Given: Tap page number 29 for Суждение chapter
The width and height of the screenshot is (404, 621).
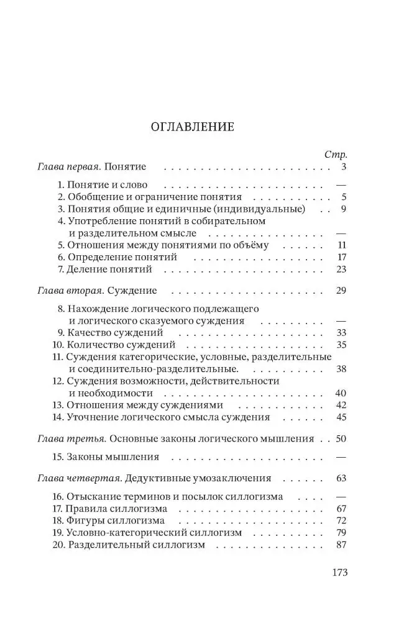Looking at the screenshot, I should click(340, 290).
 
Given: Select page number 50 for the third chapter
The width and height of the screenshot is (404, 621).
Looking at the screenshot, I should click(340, 438).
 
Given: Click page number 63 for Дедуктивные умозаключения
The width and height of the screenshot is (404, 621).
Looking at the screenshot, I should click(340, 478).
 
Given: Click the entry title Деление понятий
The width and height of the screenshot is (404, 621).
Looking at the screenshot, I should click(109, 270).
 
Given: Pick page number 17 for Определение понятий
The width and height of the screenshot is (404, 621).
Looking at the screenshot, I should click(341, 257).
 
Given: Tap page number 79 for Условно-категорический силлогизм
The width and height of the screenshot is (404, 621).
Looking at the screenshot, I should click(340, 532).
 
